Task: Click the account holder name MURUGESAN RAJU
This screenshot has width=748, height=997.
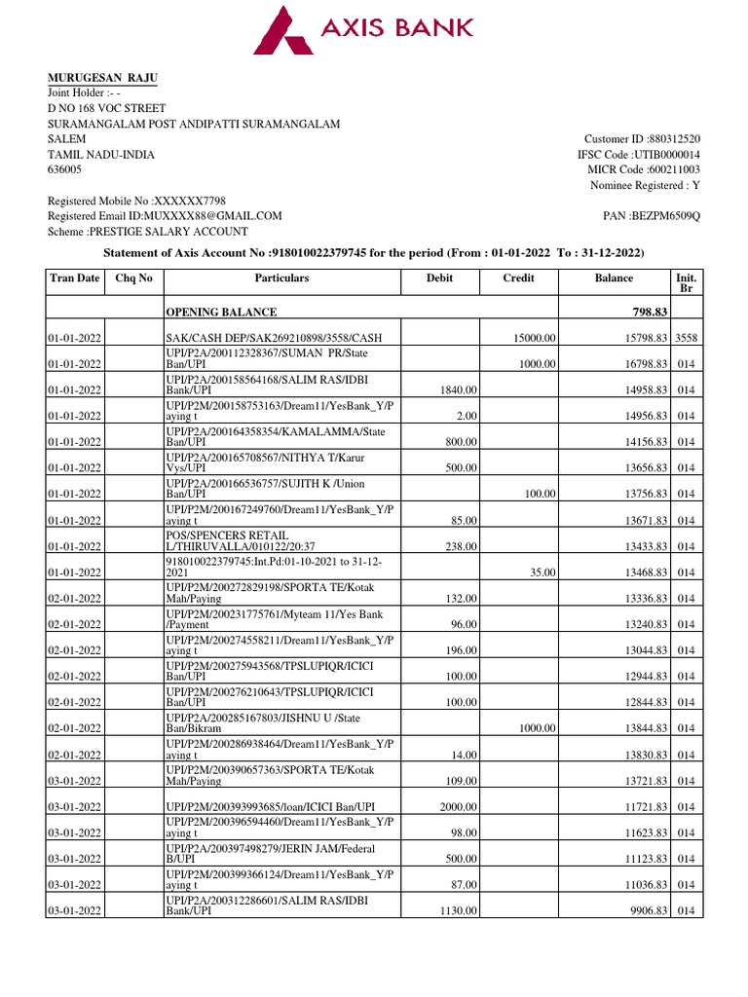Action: click(x=103, y=78)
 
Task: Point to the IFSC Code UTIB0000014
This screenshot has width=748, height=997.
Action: click(x=666, y=155)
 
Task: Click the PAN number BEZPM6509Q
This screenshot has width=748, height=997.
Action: click(x=665, y=215)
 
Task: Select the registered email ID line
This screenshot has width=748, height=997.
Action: click(x=165, y=215)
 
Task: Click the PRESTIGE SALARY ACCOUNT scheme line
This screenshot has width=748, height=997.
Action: click(x=148, y=231)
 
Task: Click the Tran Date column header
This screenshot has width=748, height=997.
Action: click(x=75, y=278)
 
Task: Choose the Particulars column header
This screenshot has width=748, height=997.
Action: click(x=281, y=278)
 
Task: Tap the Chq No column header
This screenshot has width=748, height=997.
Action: click(x=134, y=278)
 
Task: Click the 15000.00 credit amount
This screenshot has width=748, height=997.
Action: click(x=535, y=337)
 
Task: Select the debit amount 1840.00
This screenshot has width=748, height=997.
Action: click(x=458, y=389)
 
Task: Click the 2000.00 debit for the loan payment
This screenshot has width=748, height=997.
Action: click(x=458, y=807)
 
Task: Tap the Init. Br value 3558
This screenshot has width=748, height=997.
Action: click(x=687, y=337)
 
